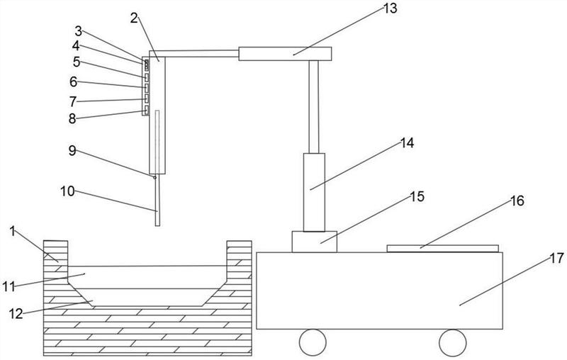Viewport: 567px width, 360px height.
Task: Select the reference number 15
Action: pyautogui.click(x=417, y=196)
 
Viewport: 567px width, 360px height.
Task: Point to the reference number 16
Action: pyautogui.click(x=516, y=201)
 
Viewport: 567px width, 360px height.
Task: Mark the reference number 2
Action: pyautogui.click(x=133, y=17)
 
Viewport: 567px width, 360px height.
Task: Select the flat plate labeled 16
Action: pyautogui.click(x=443, y=248)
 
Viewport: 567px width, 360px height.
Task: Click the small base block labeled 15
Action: pyautogui.click(x=315, y=241)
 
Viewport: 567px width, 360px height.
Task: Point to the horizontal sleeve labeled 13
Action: pyautogui.click(x=285, y=53)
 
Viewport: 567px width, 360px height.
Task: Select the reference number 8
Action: pyautogui.click(x=72, y=118)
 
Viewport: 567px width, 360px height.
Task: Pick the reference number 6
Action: pyautogui.click(x=72, y=81)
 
